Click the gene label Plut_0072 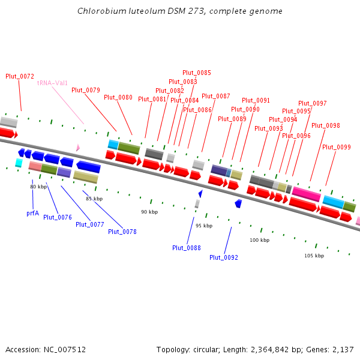(x=20, y=76)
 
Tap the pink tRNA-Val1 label (x=53, y=83)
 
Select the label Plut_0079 (x=86, y=90)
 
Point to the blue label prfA (x=33, y=213)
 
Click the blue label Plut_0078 (x=122, y=231)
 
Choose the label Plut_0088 (x=187, y=248)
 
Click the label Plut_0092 (x=224, y=257)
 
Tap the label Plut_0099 (x=337, y=147)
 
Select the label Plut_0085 (x=197, y=73)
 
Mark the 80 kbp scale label (x=38, y=187)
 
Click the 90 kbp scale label (x=149, y=212)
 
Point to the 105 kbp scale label (x=314, y=256)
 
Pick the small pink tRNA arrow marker (x=77, y=148)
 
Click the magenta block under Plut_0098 (x=306, y=194)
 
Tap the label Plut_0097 (x=313, y=103)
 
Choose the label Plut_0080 (x=118, y=97)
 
